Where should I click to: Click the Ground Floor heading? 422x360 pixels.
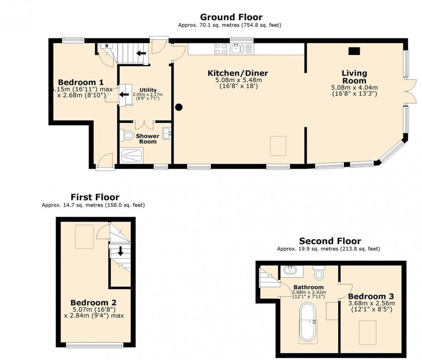point(231,17)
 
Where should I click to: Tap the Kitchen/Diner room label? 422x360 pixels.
point(238,73)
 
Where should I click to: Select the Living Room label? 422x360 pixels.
point(354,77)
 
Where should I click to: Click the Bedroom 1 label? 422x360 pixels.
point(81,82)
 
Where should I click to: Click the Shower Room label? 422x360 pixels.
point(147,139)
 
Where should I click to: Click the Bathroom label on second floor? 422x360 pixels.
point(308,287)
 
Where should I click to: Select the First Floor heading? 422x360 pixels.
point(95,197)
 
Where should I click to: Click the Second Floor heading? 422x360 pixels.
point(330,241)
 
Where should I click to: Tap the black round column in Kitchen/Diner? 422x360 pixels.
point(179,107)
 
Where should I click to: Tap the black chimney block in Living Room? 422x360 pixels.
point(354,51)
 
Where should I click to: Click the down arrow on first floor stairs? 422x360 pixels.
point(120,251)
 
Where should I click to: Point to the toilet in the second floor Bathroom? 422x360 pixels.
point(319,274)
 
